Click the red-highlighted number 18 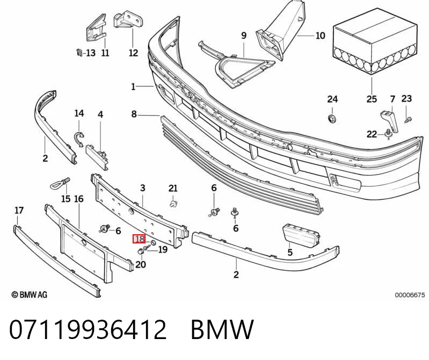pos(139,239)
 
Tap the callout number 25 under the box pos(372,99)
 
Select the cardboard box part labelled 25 pos(375,41)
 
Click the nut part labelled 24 pos(332,119)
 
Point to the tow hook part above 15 pos(61,183)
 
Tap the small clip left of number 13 pos(79,52)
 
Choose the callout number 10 pos(321,35)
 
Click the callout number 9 pos(244,35)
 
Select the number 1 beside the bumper pos(133,87)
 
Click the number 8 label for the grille pos(134,113)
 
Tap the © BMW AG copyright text pos(30,294)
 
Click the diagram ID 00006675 pos(410,295)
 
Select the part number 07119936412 pos(88,329)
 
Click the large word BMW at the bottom pos(222,329)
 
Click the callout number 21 pos(173,189)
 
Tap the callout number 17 pos(19,211)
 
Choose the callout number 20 pos(141,264)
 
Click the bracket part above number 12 pos(128,19)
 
